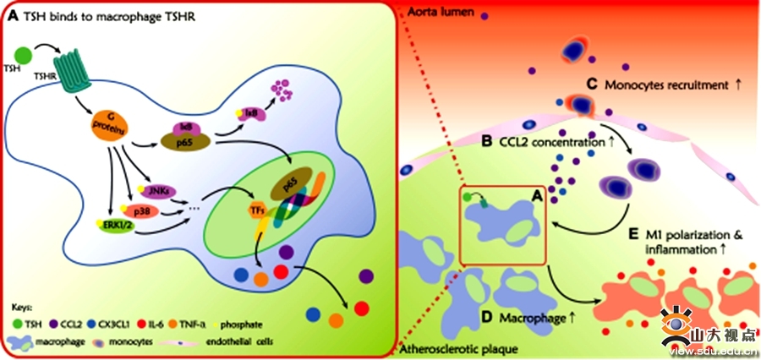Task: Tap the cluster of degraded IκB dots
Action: pos(278,87)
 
